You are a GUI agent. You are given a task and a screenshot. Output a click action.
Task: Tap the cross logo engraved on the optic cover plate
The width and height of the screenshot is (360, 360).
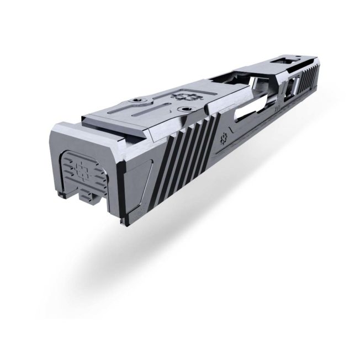(x=181, y=96)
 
